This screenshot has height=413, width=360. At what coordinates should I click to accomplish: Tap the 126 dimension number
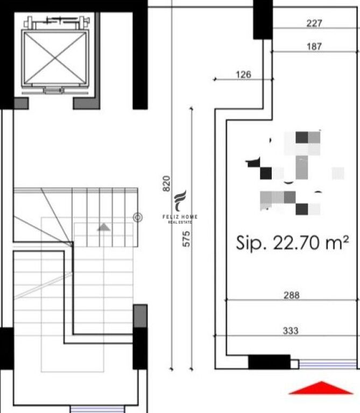(x=244, y=75)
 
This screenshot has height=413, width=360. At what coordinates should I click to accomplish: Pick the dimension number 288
(x=291, y=295)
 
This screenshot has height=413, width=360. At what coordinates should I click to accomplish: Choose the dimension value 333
(x=291, y=331)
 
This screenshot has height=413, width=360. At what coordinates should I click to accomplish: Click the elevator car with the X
(x=54, y=58)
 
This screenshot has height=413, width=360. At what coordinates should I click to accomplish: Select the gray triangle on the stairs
(x=103, y=227)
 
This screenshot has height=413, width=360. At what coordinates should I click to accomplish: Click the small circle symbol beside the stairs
(x=138, y=217)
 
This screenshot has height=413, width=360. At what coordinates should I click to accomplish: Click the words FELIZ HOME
(x=180, y=217)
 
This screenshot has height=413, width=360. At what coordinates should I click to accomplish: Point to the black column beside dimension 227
(x=263, y=19)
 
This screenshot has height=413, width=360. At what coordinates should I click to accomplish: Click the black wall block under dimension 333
(x=269, y=362)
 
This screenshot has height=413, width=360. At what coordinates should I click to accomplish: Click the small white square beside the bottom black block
(x=294, y=364)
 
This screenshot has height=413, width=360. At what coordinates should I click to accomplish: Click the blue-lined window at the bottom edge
(x=93, y=409)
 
